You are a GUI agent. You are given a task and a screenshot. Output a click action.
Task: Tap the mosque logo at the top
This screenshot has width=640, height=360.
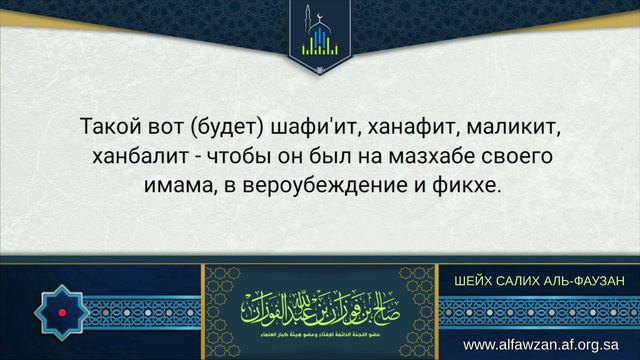coord(320,36)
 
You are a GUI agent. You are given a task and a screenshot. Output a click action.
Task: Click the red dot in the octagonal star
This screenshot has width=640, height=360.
coord(63,313)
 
